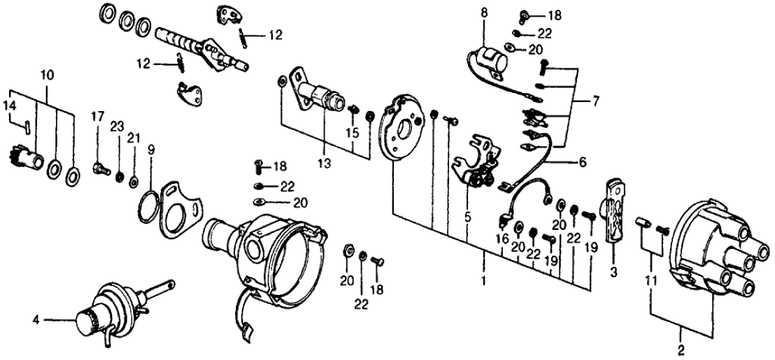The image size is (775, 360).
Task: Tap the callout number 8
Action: click(484, 12)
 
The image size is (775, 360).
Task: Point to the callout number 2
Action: click(681, 345)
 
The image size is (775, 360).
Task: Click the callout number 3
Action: click(613, 272)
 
